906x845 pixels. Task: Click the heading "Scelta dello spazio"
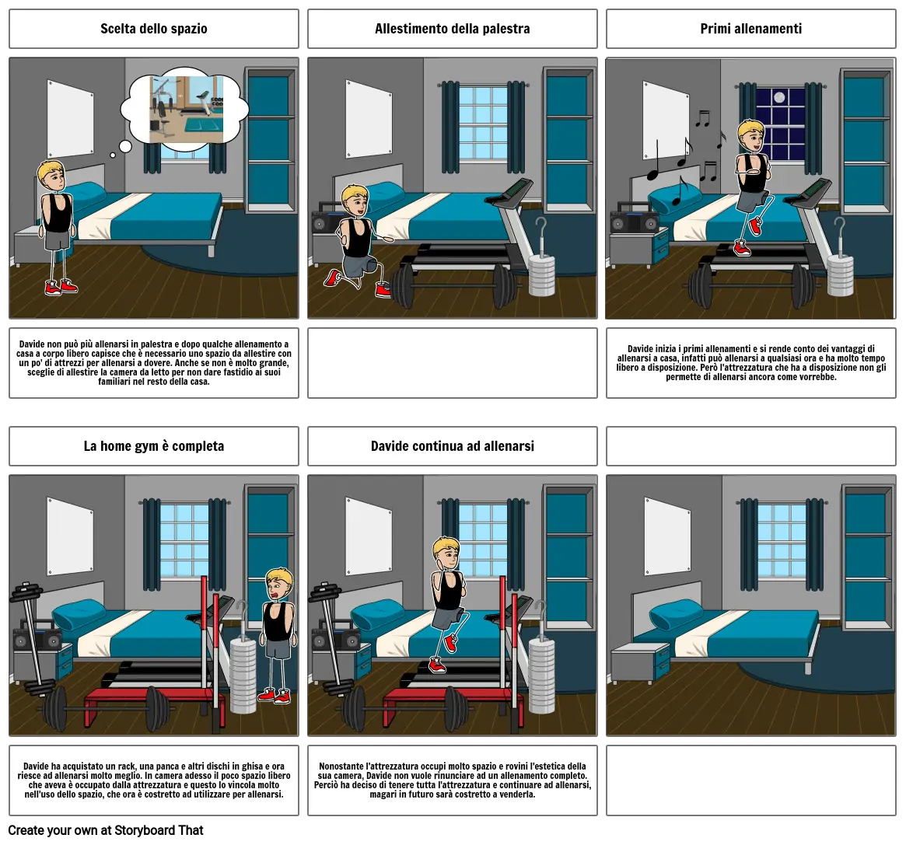click(154, 29)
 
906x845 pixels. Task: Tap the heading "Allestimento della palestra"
click(453, 29)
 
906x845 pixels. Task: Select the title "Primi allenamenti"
click(751, 29)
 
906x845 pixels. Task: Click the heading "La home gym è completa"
click(154, 446)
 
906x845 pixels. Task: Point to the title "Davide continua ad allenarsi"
click(453, 446)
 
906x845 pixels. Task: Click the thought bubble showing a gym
click(186, 110)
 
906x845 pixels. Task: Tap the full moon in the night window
click(779, 98)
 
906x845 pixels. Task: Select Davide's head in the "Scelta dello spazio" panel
click(51, 176)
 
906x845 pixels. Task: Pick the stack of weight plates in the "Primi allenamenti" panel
click(840, 275)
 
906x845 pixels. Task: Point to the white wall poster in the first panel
click(71, 118)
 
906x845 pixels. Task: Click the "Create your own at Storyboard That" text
click(106, 830)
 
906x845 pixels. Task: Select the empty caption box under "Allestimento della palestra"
click(453, 363)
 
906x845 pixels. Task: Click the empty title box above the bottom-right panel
click(751, 446)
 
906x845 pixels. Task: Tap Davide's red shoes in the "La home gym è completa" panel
click(275, 695)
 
